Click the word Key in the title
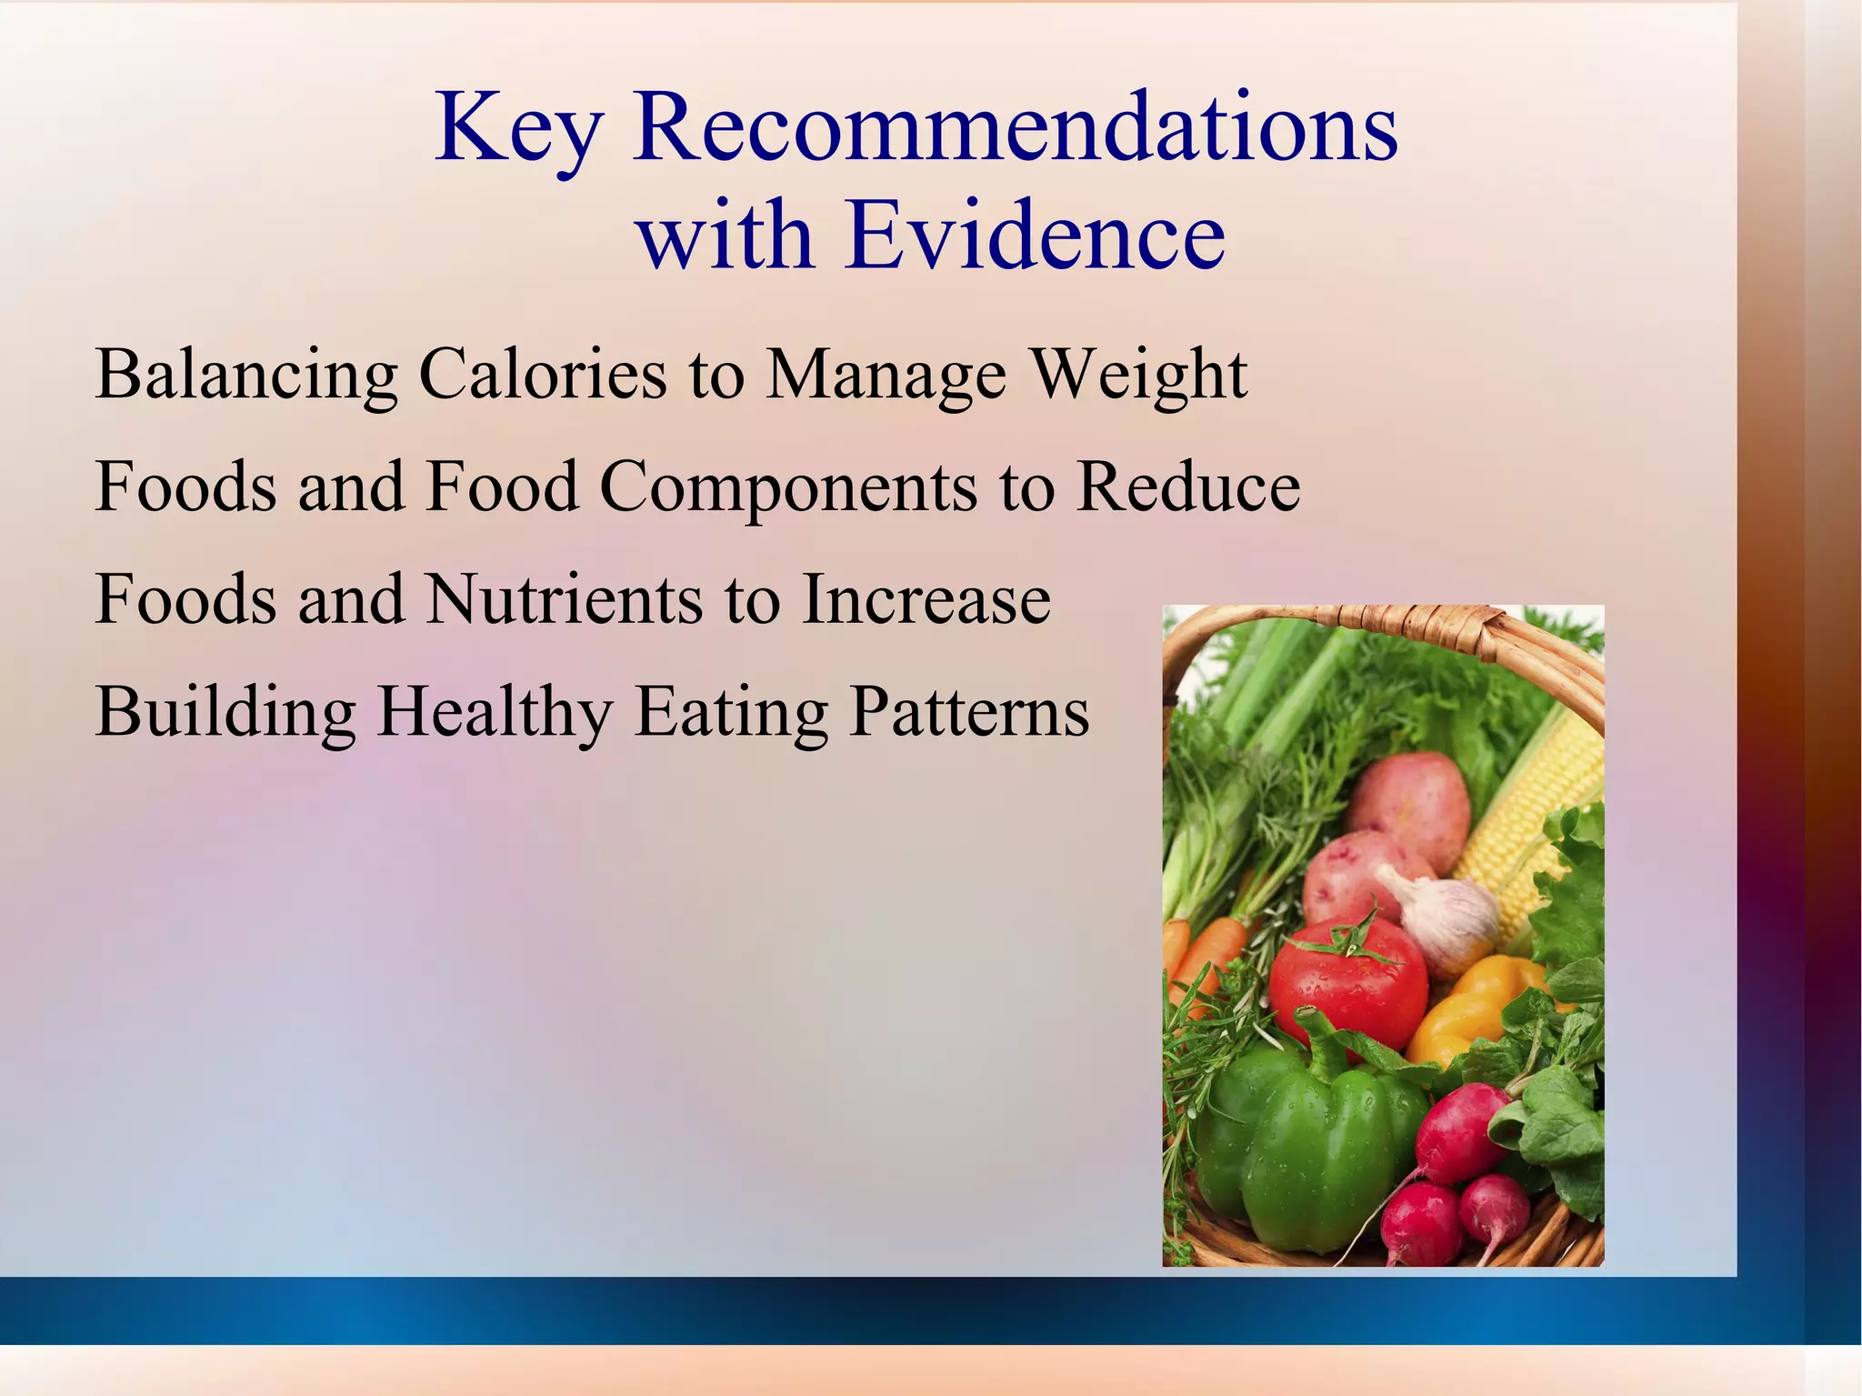(517, 129)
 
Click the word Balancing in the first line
(245, 375)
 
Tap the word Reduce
(1187, 486)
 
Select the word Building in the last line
(225, 711)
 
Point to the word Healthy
(495, 711)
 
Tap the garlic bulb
(1446, 919)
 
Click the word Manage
(886, 375)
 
